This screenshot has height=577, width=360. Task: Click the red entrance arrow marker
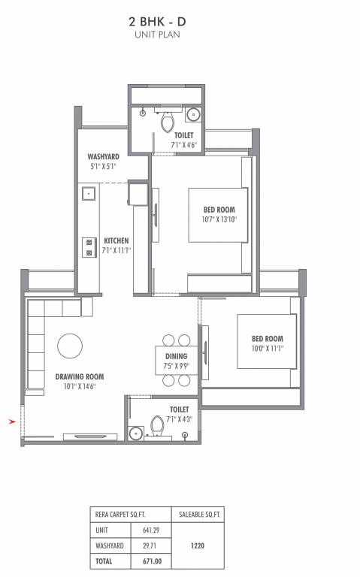click(x=11, y=422)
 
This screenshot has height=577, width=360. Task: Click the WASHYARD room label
click(x=103, y=156)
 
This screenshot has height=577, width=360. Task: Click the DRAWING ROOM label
click(x=79, y=376)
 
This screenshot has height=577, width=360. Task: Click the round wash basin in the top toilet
click(x=193, y=116)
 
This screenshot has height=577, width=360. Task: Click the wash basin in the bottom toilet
click(x=135, y=433)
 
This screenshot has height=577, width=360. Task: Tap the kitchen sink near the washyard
click(x=89, y=194)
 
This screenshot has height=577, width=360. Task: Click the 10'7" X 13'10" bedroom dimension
click(x=219, y=219)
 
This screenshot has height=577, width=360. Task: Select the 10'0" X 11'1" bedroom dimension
click(x=267, y=348)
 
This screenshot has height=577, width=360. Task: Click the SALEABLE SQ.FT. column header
click(x=198, y=514)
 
